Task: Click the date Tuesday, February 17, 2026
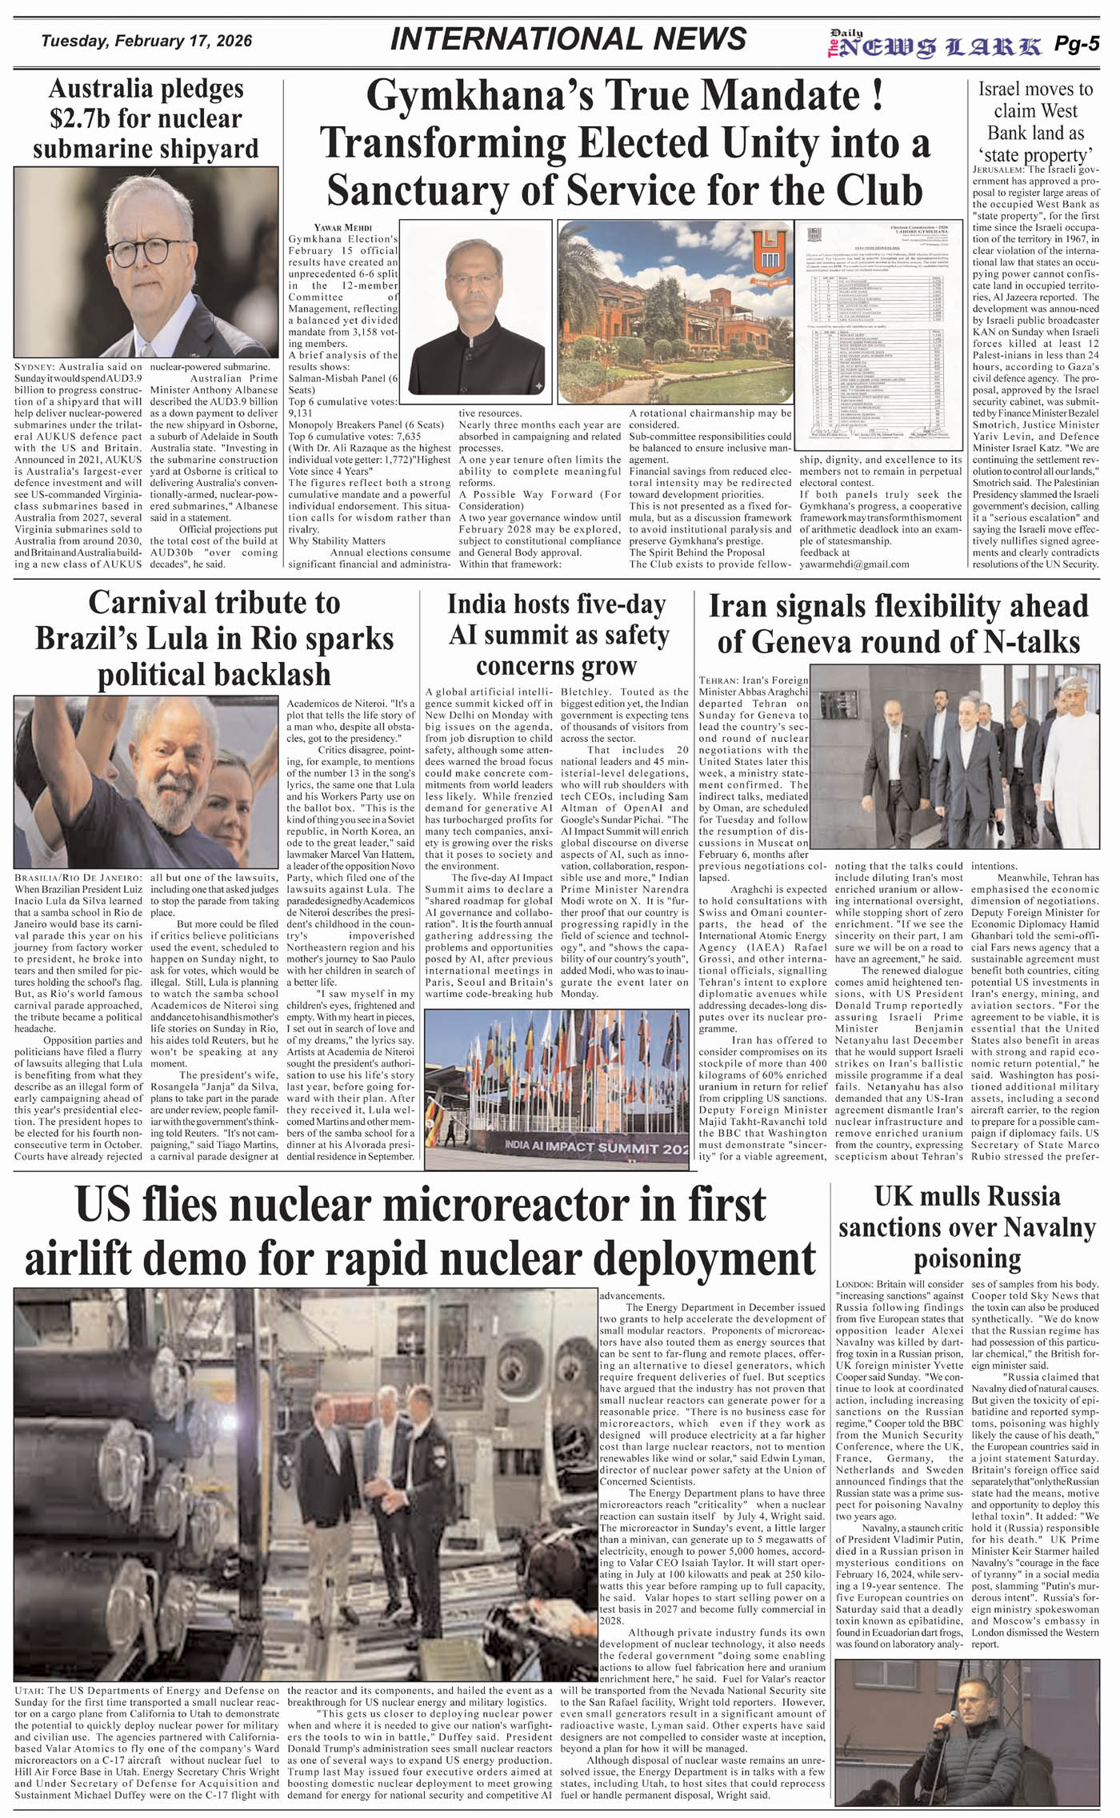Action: point(146,41)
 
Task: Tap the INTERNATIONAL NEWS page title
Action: point(569,39)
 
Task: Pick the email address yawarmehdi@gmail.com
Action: point(854,564)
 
